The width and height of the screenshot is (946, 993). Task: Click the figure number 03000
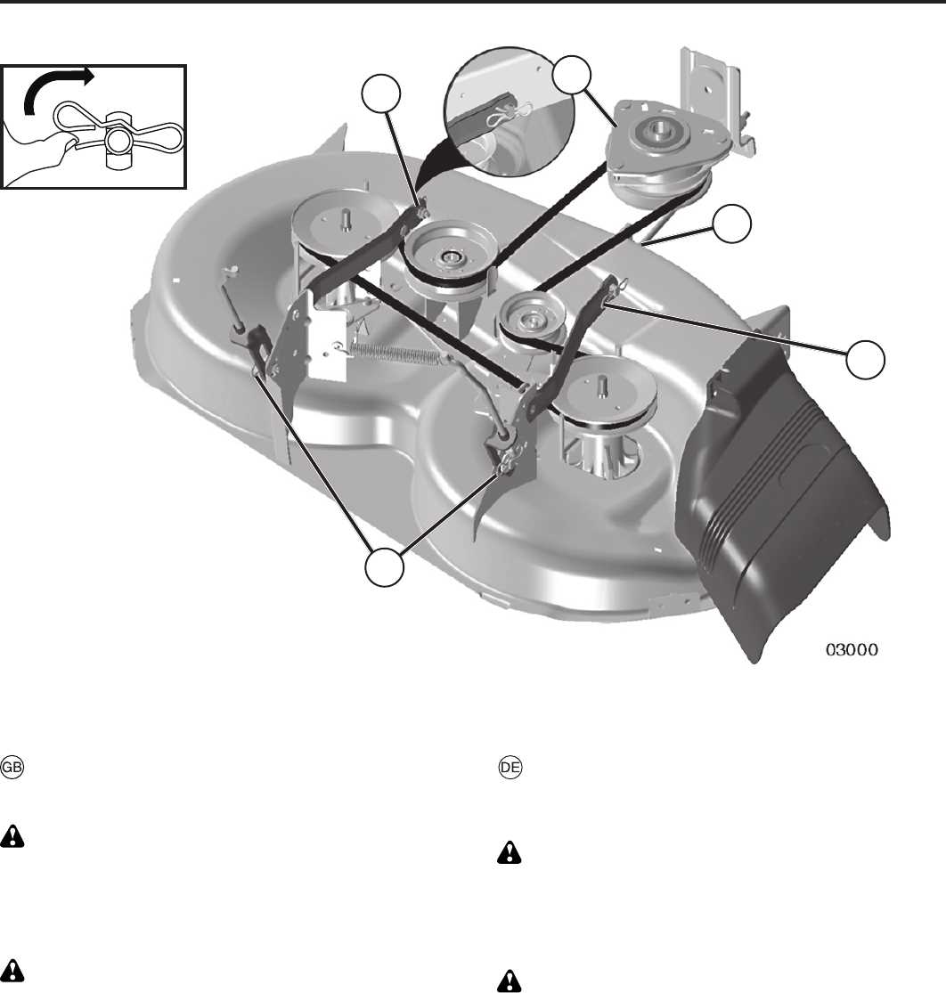tap(852, 650)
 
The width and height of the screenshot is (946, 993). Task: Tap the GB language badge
tap(12, 768)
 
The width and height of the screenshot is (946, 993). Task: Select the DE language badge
tap(510, 768)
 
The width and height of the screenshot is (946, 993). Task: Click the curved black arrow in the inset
tap(57, 89)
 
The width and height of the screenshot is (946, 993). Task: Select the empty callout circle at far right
tap(866, 359)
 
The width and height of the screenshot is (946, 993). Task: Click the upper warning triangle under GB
tap(12, 836)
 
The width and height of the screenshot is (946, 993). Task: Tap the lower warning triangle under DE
tap(510, 981)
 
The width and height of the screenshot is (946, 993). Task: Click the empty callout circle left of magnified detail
tap(381, 94)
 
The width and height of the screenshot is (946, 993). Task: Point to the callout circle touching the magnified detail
tap(572, 75)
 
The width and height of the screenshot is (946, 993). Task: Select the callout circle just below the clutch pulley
tap(732, 224)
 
